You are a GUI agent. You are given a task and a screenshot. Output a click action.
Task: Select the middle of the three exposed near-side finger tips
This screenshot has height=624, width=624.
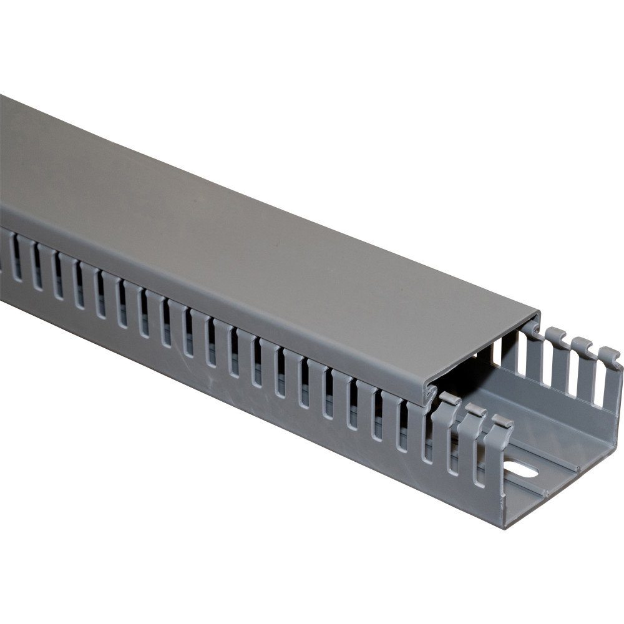point(475,411)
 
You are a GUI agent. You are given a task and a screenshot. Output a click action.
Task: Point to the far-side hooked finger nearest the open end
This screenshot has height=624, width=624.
point(609,356)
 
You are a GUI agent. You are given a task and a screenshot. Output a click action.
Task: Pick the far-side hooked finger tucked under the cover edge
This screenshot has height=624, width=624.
point(531,327)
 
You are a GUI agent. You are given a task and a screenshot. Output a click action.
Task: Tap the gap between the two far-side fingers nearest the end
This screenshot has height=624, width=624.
point(596,381)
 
